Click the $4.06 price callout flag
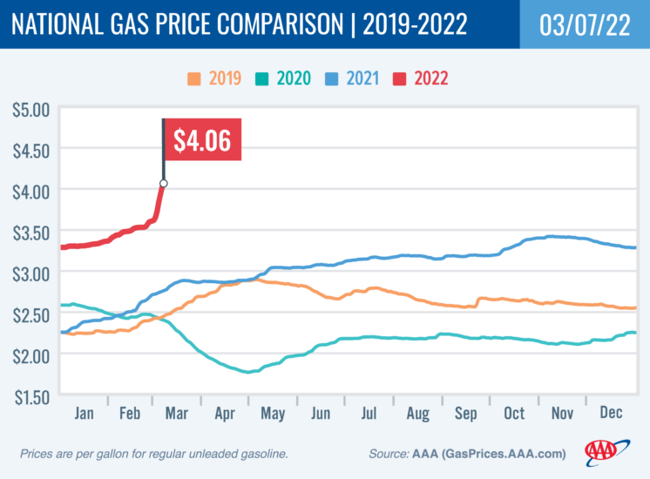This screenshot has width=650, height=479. (201, 140)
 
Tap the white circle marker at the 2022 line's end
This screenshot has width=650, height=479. (163, 184)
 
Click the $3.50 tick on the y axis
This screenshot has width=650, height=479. (30, 232)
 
